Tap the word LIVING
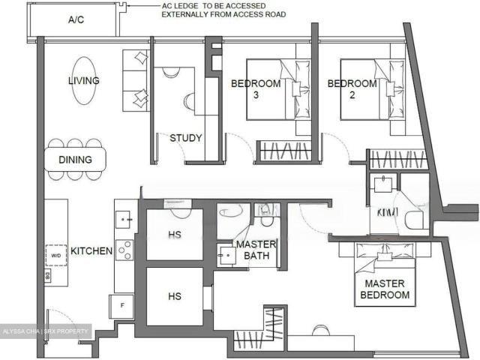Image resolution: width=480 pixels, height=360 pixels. pyautogui.click(x=84, y=80)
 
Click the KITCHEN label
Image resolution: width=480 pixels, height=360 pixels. pyautogui.click(x=91, y=250)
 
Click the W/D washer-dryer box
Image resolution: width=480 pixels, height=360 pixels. pyautogui.click(x=56, y=255)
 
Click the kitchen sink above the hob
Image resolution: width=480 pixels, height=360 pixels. pyautogui.click(x=124, y=218)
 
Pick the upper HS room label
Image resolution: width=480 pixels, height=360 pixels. pyautogui.click(x=175, y=235)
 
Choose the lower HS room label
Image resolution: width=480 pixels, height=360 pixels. pyautogui.click(x=175, y=297)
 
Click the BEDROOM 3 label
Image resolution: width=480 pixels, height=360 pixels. pyautogui.click(x=255, y=89)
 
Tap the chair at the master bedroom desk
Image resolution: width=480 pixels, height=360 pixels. pyautogui.click(x=319, y=329)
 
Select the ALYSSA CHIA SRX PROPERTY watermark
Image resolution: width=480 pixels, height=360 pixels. pyautogui.click(x=46, y=331)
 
